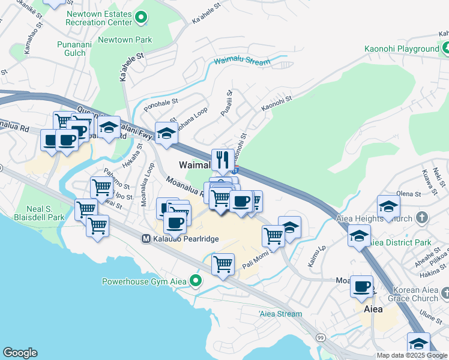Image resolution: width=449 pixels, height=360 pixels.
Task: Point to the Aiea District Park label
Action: (x=399, y=242)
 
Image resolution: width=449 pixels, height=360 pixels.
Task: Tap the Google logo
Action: (x=20, y=353)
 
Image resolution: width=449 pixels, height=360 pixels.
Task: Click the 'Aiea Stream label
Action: (x=281, y=314)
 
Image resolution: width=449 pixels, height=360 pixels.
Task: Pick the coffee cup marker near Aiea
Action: (x=361, y=286)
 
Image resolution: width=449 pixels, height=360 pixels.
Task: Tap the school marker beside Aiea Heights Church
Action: (x=388, y=206)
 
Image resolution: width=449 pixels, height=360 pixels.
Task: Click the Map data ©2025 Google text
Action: (x=412, y=355)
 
